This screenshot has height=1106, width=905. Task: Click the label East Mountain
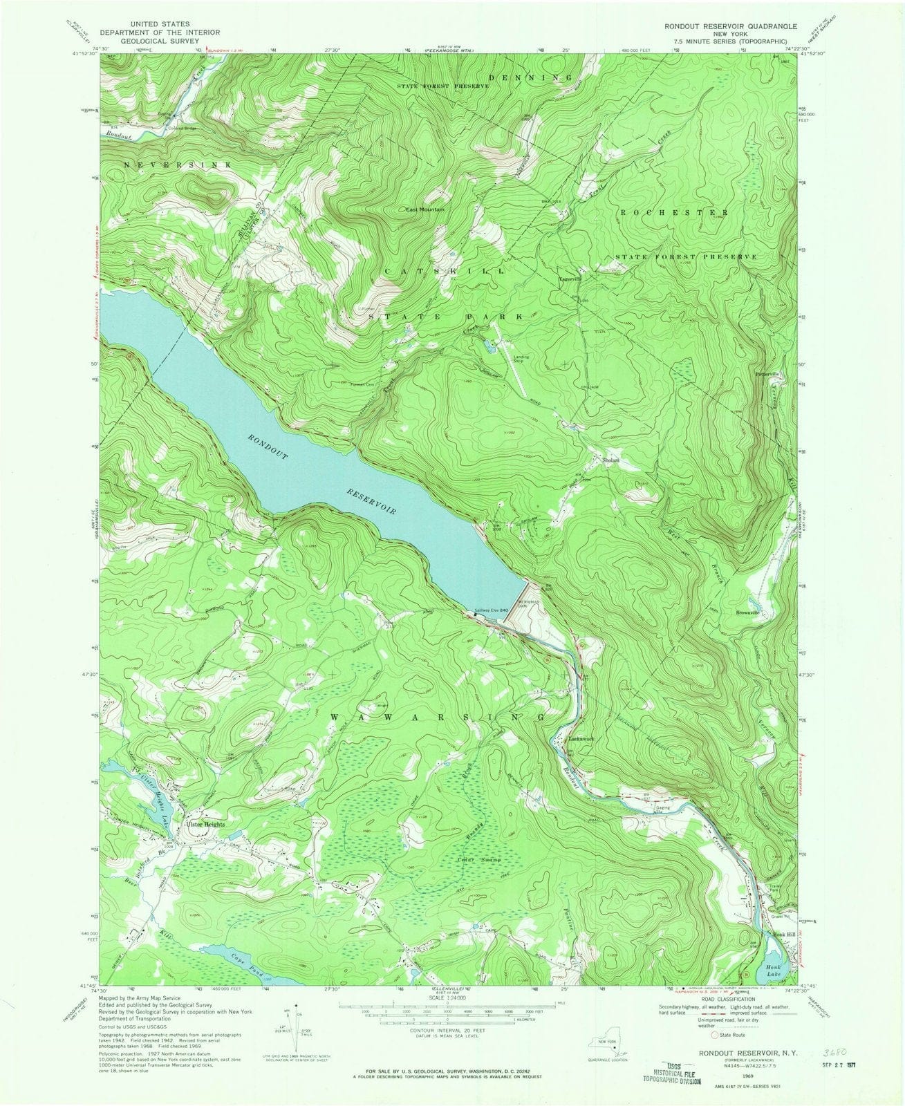tap(424, 209)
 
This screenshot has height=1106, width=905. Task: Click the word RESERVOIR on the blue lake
tap(371, 500)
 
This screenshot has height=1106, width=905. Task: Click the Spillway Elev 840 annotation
tap(491, 610)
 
